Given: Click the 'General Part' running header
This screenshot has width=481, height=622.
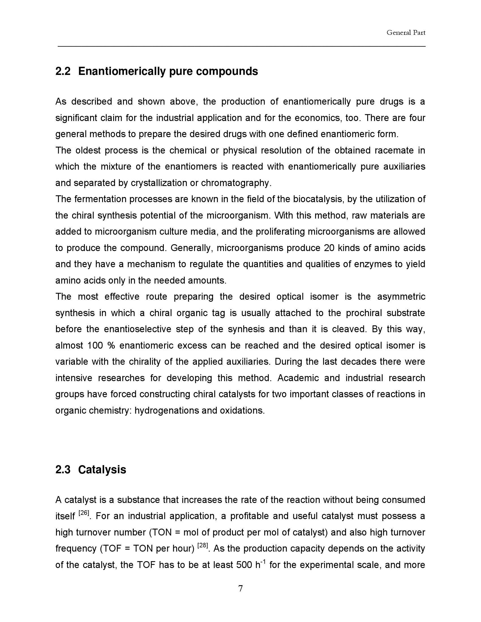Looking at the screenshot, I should pyautogui.click(x=406, y=33).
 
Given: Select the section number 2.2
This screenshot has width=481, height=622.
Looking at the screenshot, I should pyautogui.click(x=63, y=71).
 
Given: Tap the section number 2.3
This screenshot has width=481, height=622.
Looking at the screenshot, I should pyautogui.click(x=63, y=470).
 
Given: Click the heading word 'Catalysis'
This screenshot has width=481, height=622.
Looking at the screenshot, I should pyautogui.click(x=102, y=470).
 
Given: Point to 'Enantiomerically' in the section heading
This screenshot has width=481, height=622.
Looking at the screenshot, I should pyautogui.click(x=122, y=71).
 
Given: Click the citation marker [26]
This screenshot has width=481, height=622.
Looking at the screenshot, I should pyautogui.click(x=84, y=513).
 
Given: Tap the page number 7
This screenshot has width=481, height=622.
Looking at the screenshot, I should pyautogui.click(x=240, y=588).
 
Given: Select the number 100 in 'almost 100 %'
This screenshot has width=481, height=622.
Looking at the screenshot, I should pyautogui.click(x=95, y=345).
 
